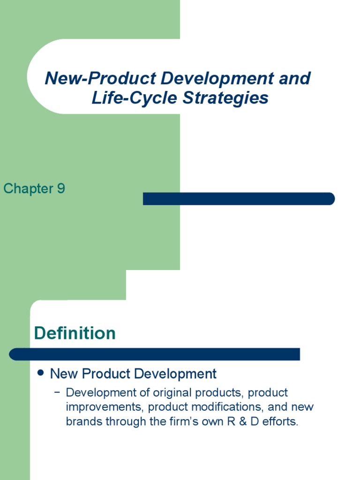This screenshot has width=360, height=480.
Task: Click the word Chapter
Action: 28,189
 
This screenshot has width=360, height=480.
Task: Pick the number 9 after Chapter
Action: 61,189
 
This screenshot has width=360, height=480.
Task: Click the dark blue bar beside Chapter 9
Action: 239,199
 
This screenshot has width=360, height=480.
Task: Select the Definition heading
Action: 75,333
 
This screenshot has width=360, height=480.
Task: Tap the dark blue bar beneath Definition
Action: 155,354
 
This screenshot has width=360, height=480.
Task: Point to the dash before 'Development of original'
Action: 57,392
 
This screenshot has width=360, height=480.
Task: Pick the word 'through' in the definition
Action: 122,421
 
